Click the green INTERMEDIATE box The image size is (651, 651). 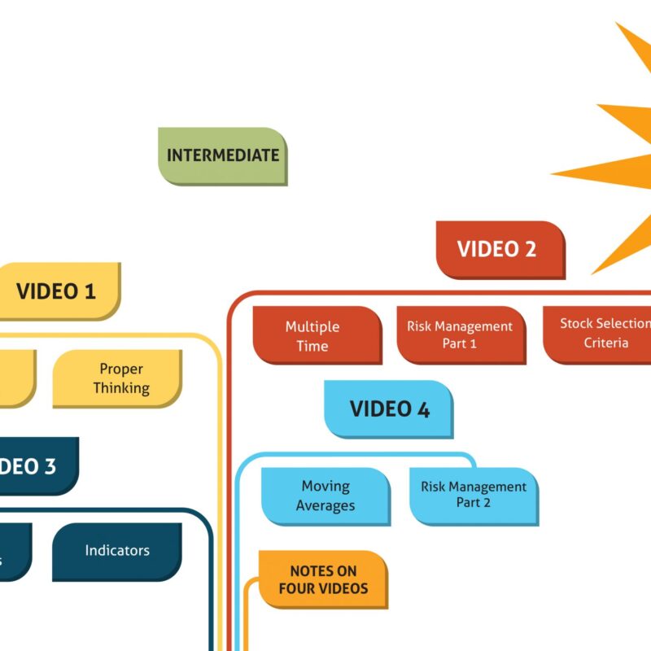pos(222,155)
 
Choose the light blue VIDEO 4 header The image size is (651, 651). pos(389,409)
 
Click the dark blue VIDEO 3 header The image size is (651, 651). pos(33,466)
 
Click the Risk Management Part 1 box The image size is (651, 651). pos(461,335)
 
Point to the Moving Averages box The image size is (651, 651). pos(325,496)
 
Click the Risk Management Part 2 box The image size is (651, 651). pos(474,495)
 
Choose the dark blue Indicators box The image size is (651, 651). pos(117,551)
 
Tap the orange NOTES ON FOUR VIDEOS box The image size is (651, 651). pos(323,579)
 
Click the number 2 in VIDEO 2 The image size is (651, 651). pos(530,249)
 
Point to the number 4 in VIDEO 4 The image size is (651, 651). pos(422,409)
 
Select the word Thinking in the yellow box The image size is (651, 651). pos(121,388)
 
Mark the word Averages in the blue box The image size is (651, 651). pos(325,505)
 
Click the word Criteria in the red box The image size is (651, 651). pos(606,343)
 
